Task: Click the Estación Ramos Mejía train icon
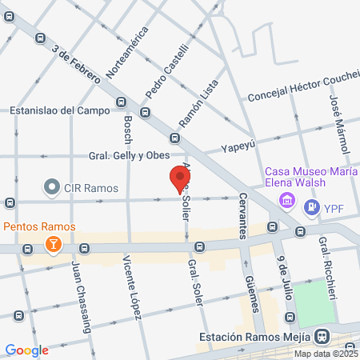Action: (322, 337)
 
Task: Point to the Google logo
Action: (27, 350)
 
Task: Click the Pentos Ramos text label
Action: (38, 227)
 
